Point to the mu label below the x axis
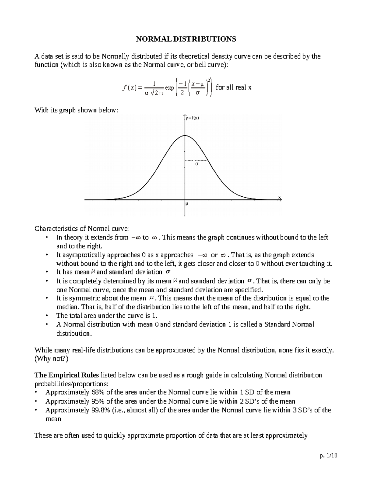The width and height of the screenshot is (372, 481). tap(187, 204)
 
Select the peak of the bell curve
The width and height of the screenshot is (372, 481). tap(185, 135)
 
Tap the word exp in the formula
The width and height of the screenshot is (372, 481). tap(169, 88)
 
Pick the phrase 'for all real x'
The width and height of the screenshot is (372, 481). tap(233, 87)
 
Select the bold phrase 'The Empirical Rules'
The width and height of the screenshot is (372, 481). tap(67, 375)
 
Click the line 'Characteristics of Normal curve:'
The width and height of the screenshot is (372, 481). tap(82, 229)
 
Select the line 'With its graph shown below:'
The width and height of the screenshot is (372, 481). tap(76, 110)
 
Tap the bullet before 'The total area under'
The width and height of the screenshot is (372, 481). tap(46, 316)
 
